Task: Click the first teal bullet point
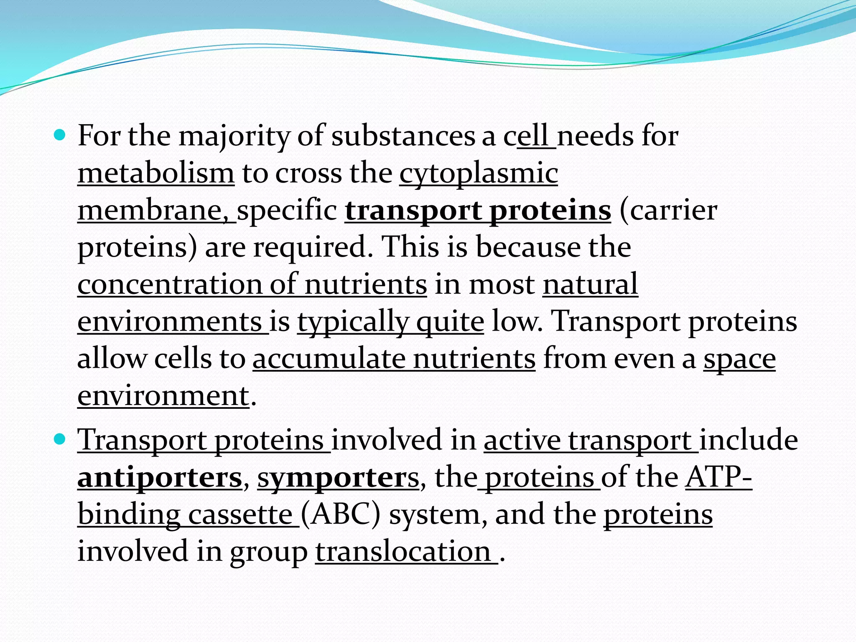pyautogui.click(x=60, y=135)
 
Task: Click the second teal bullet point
pyautogui.click(x=60, y=439)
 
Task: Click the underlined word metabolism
pyautogui.click(x=156, y=173)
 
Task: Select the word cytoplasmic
pyautogui.click(x=479, y=173)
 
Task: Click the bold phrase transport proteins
pyautogui.click(x=478, y=210)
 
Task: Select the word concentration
pyautogui.click(x=170, y=284)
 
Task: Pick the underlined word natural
pyautogui.click(x=590, y=284)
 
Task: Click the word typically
pyautogui.click(x=353, y=321)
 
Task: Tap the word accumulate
pyautogui.click(x=329, y=358)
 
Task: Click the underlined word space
pyautogui.click(x=739, y=358)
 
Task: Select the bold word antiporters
pyautogui.click(x=160, y=477)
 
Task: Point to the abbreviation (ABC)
pyautogui.click(x=341, y=514)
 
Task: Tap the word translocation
pyautogui.click(x=403, y=551)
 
